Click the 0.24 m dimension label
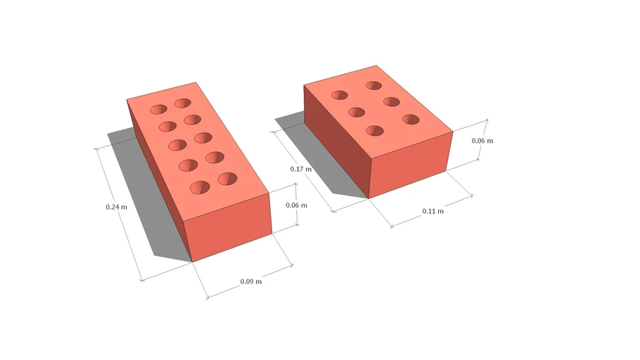(116, 207)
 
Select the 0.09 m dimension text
(250, 281)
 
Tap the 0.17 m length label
(300, 169)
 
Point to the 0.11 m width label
(433, 211)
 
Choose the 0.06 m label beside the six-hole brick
(482, 141)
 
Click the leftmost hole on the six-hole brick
(340, 95)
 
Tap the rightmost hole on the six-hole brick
(411, 120)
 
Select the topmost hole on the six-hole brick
(373, 86)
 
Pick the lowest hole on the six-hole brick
(375, 131)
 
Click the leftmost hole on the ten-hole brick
(159, 109)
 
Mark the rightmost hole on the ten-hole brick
(227, 179)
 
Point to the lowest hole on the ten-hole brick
(200, 188)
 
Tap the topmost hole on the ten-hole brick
(183, 103)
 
